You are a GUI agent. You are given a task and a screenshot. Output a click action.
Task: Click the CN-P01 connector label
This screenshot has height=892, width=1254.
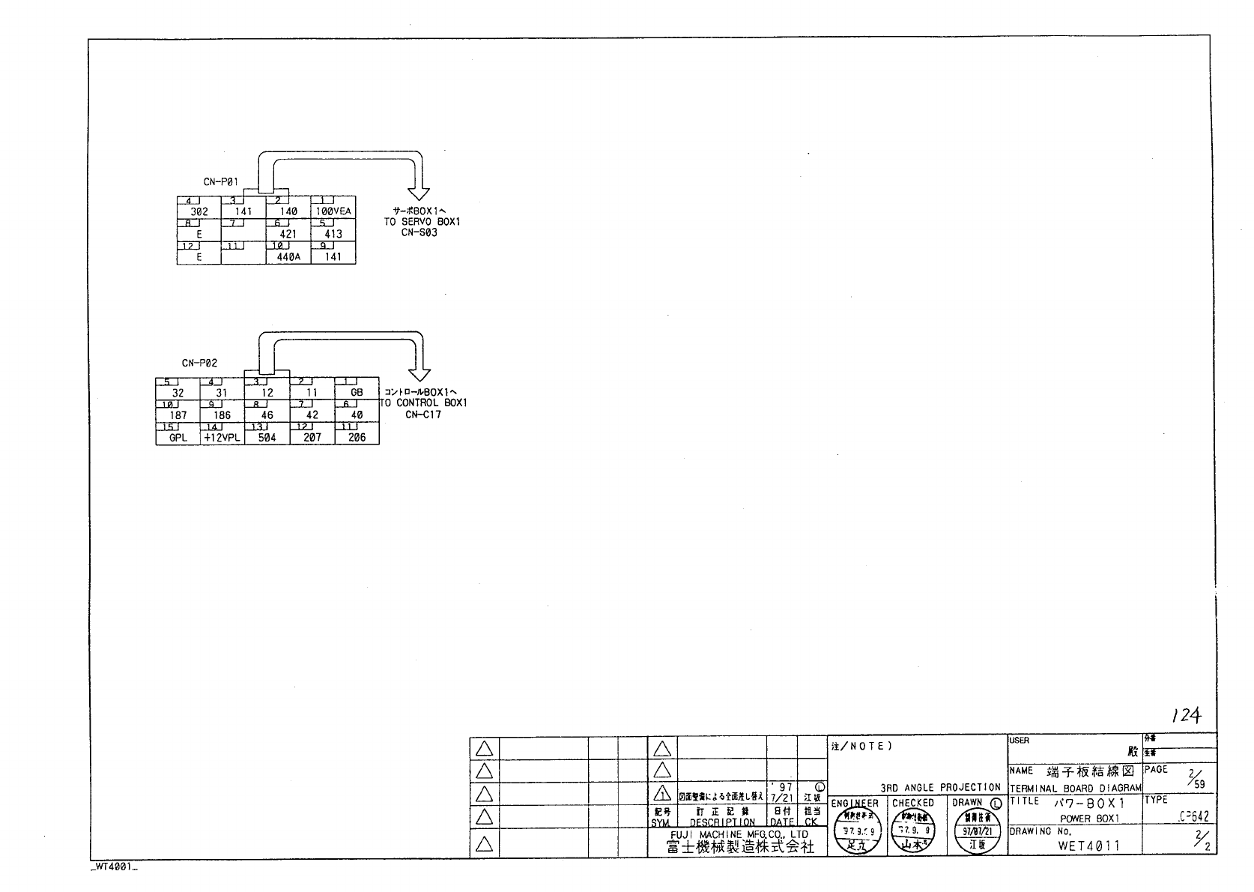pos(221,181)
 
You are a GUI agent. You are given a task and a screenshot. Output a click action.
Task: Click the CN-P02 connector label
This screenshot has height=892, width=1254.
pos(199,363)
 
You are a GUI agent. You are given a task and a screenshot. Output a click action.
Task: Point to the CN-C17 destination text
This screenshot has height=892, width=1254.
pos(423,414)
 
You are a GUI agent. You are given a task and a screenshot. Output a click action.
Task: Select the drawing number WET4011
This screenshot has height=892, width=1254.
pos(1088,846)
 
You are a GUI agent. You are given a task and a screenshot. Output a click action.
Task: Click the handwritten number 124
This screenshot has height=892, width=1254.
pos(1187,715)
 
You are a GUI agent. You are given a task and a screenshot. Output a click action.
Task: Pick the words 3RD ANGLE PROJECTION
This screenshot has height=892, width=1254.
pos(940,787)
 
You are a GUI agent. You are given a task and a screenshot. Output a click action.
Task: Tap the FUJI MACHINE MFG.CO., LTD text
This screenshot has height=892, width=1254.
pos(739,834)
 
